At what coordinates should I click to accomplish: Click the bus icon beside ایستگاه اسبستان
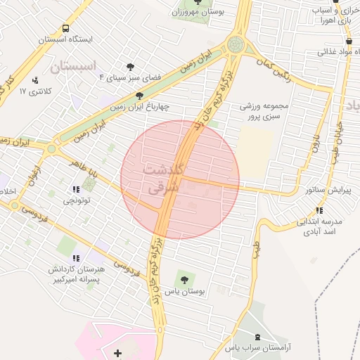pos(65,29)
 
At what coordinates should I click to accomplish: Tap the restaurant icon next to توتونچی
pos(76,190)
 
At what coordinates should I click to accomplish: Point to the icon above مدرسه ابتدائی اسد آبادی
pos(320,210)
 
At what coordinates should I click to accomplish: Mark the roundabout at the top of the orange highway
pos(236,46)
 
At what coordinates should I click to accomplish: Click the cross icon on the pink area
pos(117,352)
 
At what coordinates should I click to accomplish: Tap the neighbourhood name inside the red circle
pos(163,179)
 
